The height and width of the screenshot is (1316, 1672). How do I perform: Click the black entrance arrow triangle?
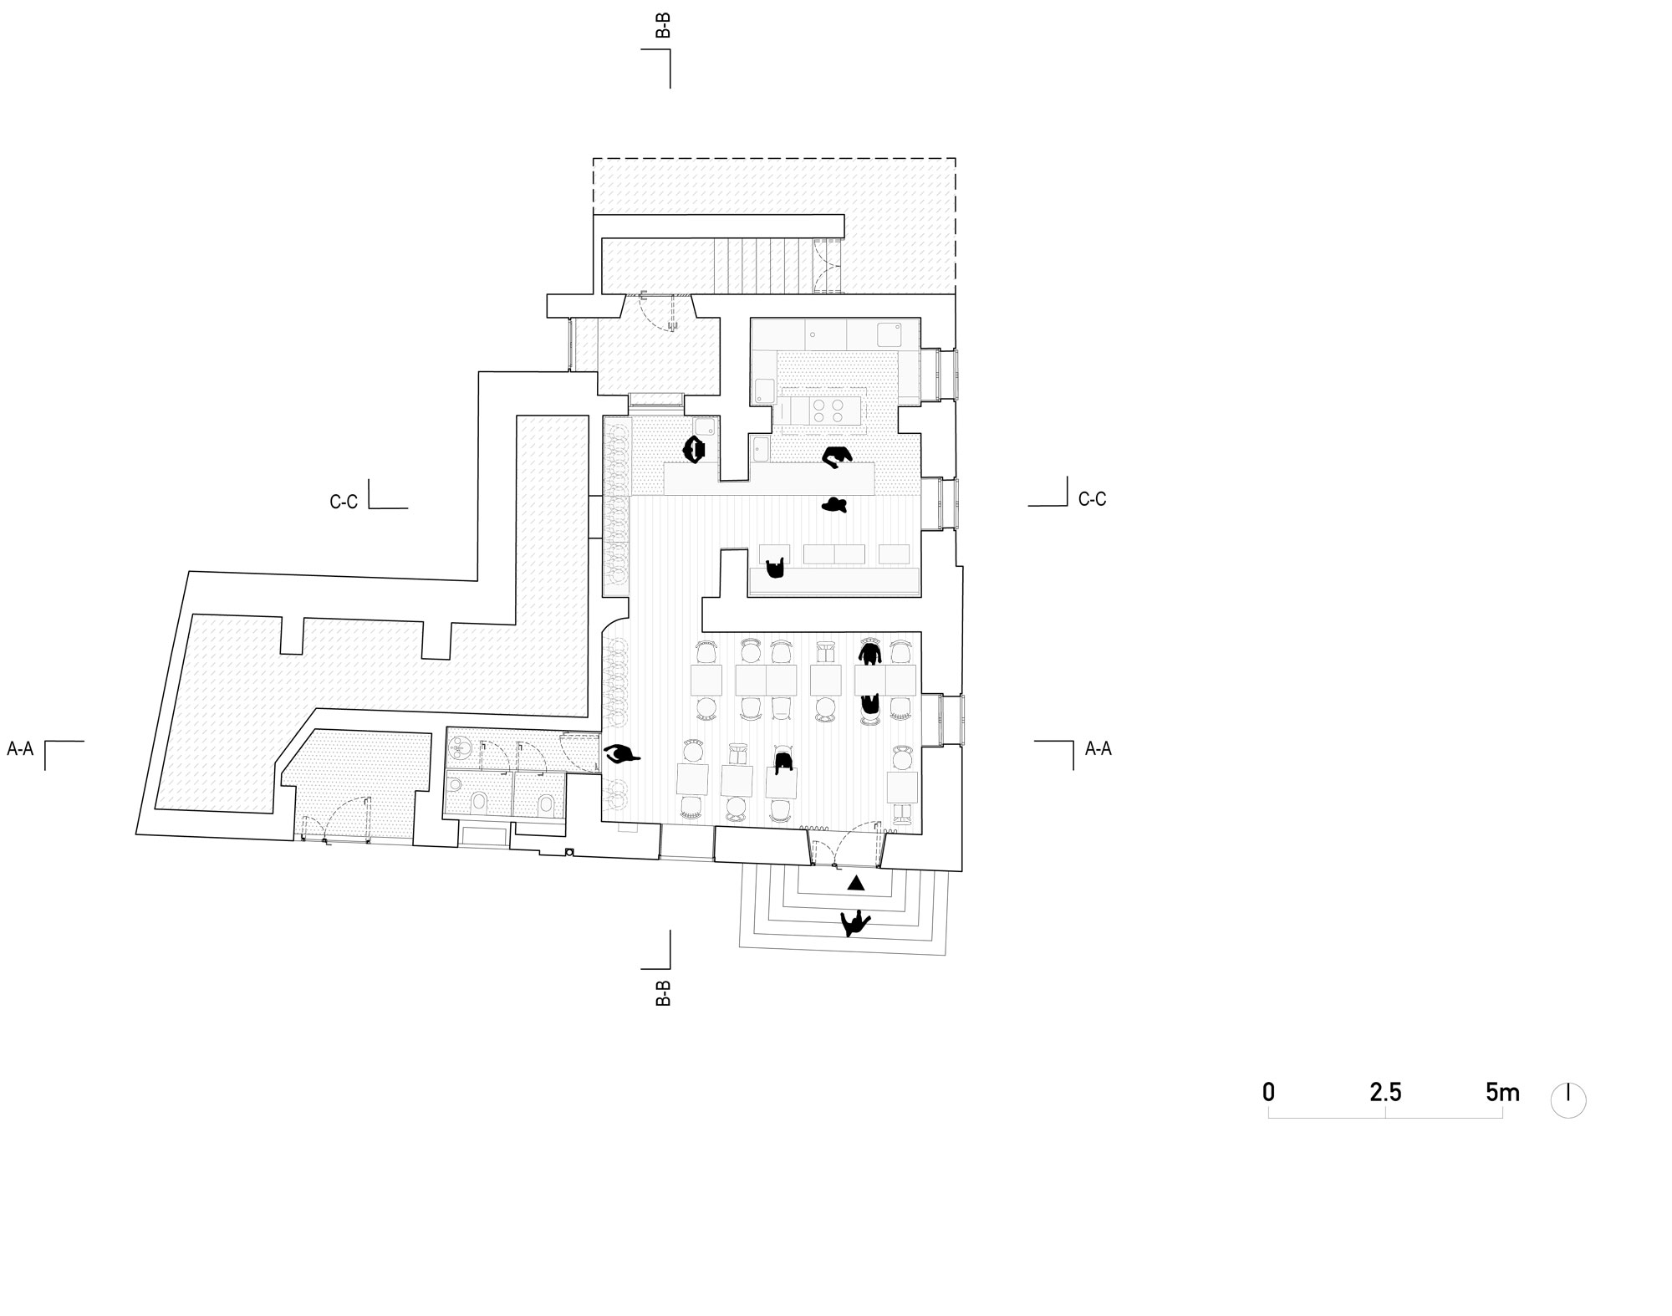(x=855, y=883)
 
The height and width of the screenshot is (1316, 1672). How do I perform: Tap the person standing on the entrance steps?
(x=854, y=923)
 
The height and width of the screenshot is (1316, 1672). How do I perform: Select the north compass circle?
(x=1568, y=1100)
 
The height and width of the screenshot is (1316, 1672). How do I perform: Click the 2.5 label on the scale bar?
(x=1385, y=1092)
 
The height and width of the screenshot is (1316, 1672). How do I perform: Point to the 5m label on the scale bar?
(x=1502, y=1092)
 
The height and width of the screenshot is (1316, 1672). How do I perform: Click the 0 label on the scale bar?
(x=1268, y=1092)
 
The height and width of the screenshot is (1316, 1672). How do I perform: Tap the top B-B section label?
(x=663, y=24)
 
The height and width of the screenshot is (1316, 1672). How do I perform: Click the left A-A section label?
(x=20, y=749)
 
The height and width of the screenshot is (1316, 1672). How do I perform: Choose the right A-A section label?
(x=1099, y=749)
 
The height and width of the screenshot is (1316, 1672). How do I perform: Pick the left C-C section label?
(x=344, y=502)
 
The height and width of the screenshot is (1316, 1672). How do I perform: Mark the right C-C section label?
(x=1092, y=499)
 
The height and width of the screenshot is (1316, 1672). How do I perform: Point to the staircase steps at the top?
(x=765, y=265)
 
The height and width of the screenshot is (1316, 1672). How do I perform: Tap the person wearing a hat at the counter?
(x=834, y=504)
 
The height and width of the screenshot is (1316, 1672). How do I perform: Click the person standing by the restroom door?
(x=621, y=755)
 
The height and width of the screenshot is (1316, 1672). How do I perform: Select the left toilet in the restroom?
(x=479, y=803)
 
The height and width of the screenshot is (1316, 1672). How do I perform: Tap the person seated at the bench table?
(x=777, y=569)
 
